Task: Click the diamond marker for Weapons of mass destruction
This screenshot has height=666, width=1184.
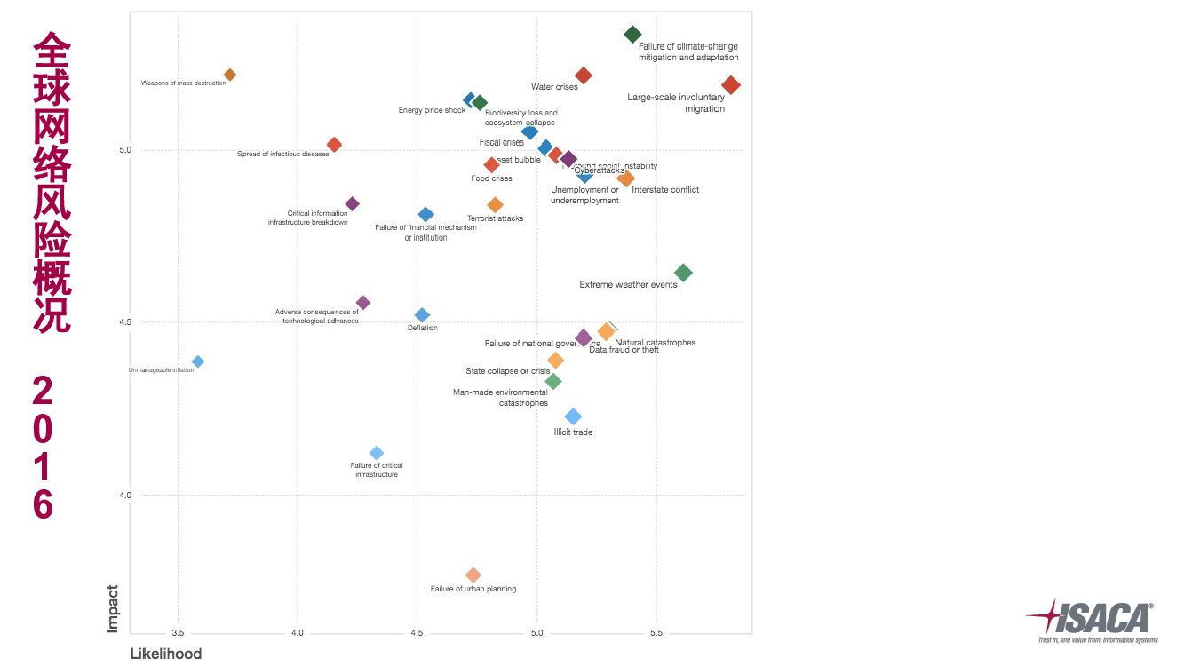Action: click(230, 75)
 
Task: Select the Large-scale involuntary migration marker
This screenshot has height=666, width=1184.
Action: click(731, 85)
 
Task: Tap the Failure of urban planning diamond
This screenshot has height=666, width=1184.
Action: click(473, 575)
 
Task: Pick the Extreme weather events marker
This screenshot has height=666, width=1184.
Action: click(683, 273)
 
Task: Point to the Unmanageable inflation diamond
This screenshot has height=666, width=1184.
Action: click(198, 361)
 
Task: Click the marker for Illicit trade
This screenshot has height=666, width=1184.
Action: click(574, 416)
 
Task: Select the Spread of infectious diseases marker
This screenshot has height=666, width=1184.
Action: click(334, 145)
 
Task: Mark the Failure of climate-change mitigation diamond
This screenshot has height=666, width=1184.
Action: click(632, 35)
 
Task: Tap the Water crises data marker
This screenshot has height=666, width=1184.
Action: click(584, 75)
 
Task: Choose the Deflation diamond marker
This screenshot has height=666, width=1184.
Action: click(423, 315)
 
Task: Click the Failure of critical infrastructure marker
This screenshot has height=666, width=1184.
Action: click(377, 453)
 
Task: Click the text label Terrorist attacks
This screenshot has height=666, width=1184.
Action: click(495, 218)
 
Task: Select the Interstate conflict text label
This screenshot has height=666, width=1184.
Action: click(665, 190)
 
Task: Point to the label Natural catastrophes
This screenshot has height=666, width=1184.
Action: click(656, 343)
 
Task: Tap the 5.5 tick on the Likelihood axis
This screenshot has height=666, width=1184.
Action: click(656, 633)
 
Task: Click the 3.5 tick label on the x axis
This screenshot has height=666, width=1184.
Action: click(178, 633)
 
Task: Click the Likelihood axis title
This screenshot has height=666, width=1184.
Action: click(166, 654)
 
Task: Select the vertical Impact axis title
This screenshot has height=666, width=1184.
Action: click(113, 608)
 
